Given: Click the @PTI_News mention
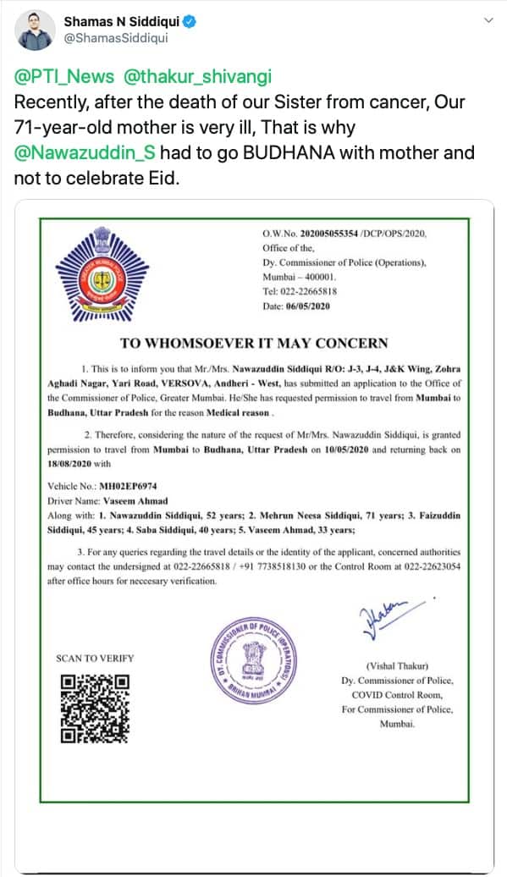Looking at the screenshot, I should (63, 76).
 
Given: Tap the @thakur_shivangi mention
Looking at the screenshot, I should (198, 76).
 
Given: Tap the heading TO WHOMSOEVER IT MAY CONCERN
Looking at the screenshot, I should (254, 343).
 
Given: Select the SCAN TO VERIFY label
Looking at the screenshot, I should (95, 658).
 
